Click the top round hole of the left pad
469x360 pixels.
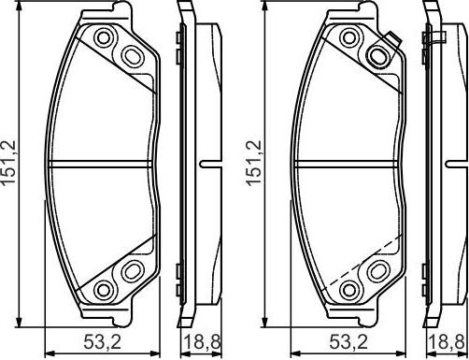pos(104,38)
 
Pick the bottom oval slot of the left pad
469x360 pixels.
pos(130,271)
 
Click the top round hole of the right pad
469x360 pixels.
pos(351,38)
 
